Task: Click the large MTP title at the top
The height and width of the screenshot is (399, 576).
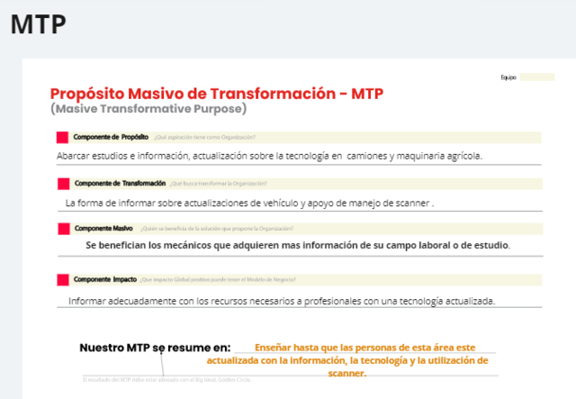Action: click(38, 24)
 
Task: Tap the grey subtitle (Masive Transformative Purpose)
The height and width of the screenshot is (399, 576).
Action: click(148, 109)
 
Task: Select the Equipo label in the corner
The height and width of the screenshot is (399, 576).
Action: click(508, 77)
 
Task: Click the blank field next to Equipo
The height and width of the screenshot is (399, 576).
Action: click(536, 77)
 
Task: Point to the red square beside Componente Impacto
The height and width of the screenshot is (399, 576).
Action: click(62, 279)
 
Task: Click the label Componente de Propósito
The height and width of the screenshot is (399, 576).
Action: click(111, 137)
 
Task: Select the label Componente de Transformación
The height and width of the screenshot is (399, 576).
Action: click(121, 183)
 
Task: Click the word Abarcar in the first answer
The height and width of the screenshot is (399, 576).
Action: click(76, 155)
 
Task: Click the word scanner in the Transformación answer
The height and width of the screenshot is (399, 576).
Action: click(411, 203)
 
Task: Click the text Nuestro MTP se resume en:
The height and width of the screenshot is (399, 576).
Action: click(155, 348)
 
